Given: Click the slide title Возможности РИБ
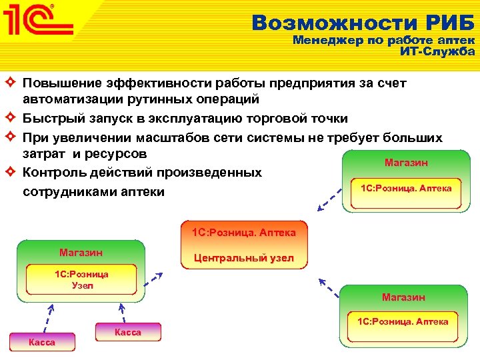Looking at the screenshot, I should coord(363,23).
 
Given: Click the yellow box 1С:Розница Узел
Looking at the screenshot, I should coord(82,280).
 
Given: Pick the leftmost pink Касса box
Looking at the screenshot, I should coord(41,342).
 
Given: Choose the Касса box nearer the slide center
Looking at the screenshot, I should coord(128,331).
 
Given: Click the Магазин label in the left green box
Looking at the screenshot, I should coord(81,253).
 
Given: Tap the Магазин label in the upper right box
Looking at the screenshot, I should coord(406,163).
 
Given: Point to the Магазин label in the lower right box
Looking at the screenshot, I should coord(403,297).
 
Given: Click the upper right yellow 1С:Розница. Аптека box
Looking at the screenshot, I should coord(405,189).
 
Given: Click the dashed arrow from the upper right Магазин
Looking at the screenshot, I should coord(330,199).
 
